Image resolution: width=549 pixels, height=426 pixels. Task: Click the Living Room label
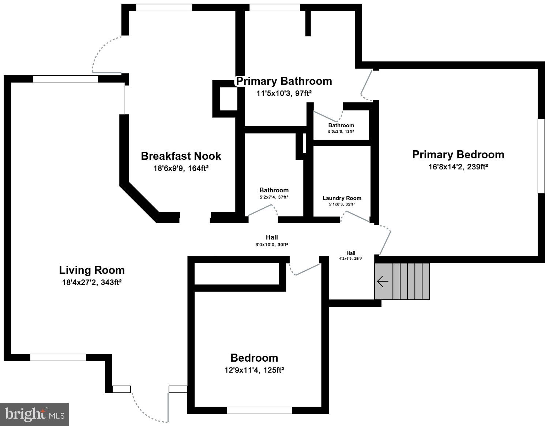[x=92, y=270]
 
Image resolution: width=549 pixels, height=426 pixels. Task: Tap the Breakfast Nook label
[x=181, y=156]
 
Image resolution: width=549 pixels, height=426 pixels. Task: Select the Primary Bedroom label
[x=458, y=155]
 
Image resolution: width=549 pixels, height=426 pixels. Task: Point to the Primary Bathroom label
[x=284, y=81]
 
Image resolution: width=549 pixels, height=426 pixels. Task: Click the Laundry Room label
[x=342, y=198]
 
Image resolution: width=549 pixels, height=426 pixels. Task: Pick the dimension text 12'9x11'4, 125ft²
[x=254, y=370]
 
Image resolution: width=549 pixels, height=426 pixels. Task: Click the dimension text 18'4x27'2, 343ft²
[x=92, y=282]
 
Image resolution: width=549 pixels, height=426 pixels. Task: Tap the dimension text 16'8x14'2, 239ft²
[x=458, y=167]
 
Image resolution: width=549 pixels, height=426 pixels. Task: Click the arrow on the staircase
[x=382, y=282]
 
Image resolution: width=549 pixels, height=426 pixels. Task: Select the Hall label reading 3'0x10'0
[x=272, y=237]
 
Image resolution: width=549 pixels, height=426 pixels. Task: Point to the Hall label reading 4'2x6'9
[x=351, y=253]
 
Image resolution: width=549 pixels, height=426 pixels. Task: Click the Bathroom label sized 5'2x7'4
[x=274, y=190]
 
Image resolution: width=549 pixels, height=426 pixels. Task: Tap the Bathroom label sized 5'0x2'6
[x=341, y=125]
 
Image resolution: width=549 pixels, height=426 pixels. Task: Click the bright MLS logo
[x=35, y=414]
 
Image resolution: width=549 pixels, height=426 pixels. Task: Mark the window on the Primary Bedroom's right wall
[x=541, y=155]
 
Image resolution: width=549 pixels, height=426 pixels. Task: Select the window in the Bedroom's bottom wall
[x=259, y=410]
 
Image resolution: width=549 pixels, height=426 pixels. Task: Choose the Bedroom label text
[x=254, y=358]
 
